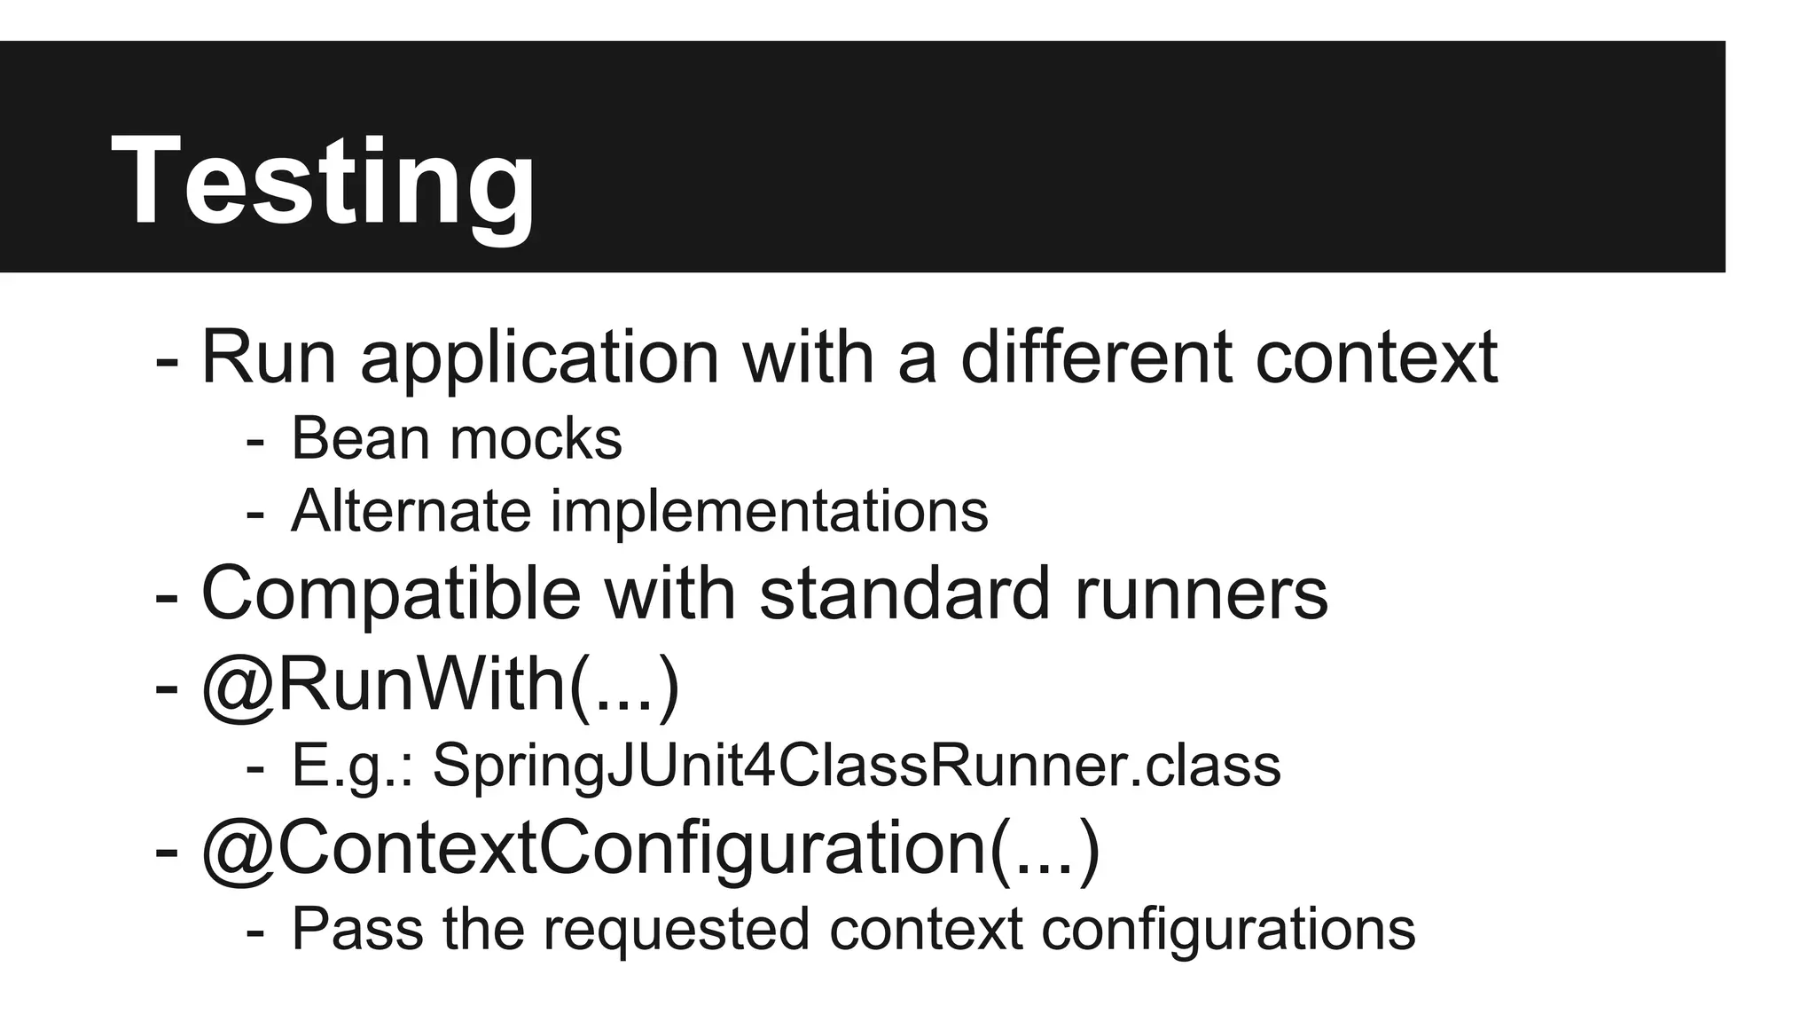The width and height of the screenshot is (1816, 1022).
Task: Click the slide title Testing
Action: tap(323, 181)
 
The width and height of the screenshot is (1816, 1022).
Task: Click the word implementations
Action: tap(769, 513)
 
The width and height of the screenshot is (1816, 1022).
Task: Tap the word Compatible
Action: tap(391, 594)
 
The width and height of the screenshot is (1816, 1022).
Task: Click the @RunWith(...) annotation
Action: tap(441, 686)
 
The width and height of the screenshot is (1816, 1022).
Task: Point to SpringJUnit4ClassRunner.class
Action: tap(857, 766)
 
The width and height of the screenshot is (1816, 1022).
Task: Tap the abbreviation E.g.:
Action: tap(353, 766)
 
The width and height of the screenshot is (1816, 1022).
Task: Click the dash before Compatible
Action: tap(166, 597)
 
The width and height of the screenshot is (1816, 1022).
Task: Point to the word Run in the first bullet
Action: tap(269, 358)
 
